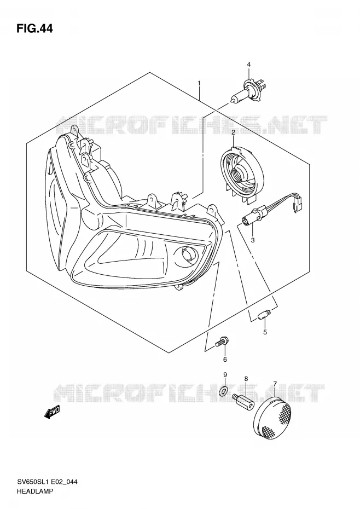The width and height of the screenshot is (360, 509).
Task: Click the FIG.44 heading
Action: pos(34,29)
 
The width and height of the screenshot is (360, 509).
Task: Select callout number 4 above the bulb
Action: pos(248,65)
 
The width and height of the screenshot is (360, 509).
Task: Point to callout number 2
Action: pos(234,132)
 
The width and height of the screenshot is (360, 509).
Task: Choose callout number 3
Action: pos(253,240)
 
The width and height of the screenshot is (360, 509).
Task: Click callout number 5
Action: pos(265,332)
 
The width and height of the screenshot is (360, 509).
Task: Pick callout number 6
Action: pos(225,360)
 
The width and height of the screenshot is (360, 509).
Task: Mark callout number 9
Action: pos(225,375)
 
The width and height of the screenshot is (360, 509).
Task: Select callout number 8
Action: pos(246,379)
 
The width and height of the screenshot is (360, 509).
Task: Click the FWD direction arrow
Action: pos(52,412)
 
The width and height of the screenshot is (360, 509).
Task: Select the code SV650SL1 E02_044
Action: pos(47,482)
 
